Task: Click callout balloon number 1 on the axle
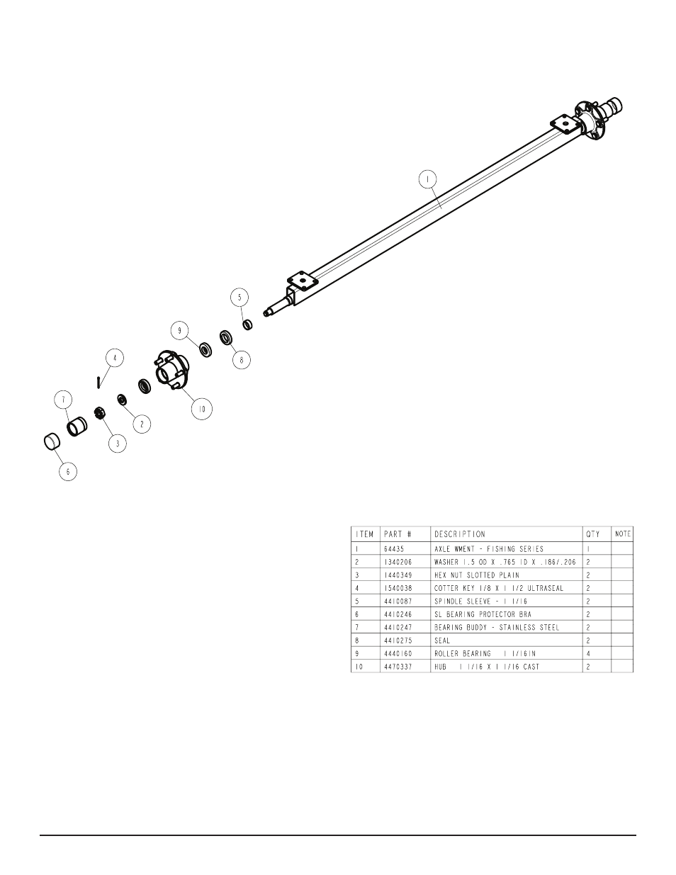click(427, 179)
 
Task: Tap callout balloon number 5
click(240, 298)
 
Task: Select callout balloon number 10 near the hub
click(202, 409)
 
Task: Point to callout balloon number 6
click(68, 472)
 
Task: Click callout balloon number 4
click(115, 358)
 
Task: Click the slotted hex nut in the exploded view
click(99, 413)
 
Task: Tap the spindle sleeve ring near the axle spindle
click(248, 324)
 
